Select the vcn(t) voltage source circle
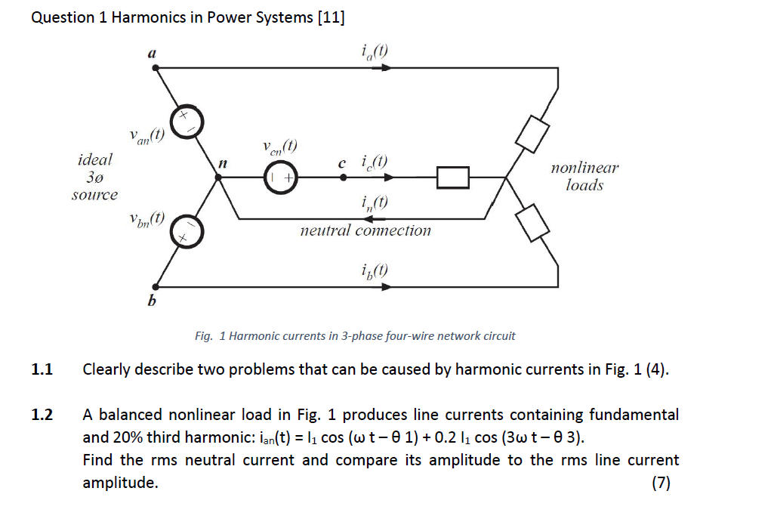click(x=281, y=178)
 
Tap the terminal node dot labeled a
click(x=156, y=68)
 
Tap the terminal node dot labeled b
click(x=156, y=287)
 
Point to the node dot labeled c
click(x=344, y=178)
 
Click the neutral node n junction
click(x=218, y=178)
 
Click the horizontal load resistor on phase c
click(x=454, y=178)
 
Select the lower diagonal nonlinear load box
click(x=532, y=224)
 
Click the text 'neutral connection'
click(x=365, y=230)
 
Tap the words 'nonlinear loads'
click(x=584, y=177)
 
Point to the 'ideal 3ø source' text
click(x=94, y=178)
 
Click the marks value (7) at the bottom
click(x=661, y=483)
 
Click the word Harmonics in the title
click(x=143, y=18)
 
